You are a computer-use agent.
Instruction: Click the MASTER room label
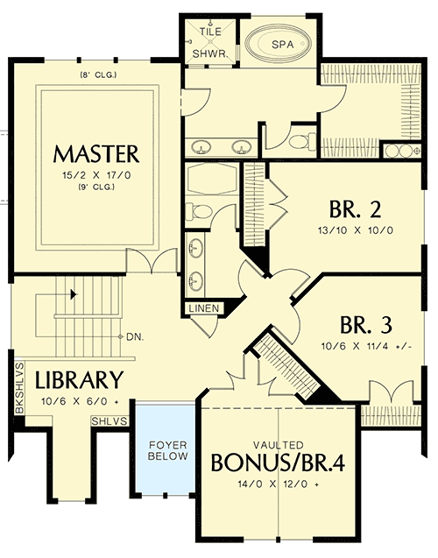(96, 154)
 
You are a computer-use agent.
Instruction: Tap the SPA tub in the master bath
(279, 43)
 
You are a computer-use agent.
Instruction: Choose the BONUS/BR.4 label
(277, 462)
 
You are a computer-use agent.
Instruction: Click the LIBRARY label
(78, 380)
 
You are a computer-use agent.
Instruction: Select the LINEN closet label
(202, 308)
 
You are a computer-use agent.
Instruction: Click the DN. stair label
(134, 336)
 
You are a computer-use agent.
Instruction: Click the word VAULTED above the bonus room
(277, 442)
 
